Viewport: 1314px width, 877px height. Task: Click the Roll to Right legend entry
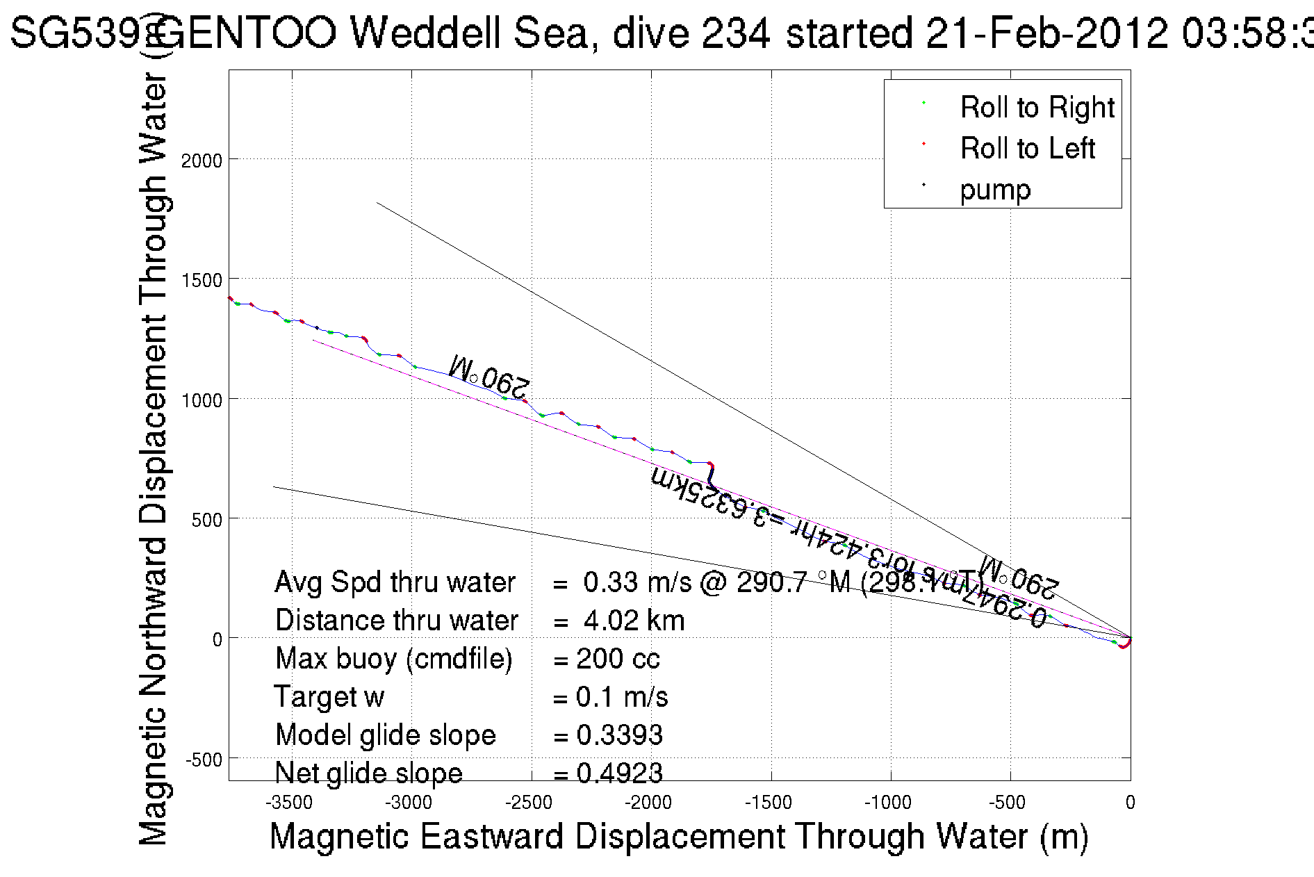pyautogui.click(x=1037, y=108)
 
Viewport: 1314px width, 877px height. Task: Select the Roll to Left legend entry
pyautogui.click(x=1027, y=149)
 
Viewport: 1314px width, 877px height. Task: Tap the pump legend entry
pyautogui.click(x=995, y=190)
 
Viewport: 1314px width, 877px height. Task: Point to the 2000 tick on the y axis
pyautogui.click(x=202, y=161)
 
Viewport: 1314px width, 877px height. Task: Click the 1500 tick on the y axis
pyautogui.click(x=202, y=280)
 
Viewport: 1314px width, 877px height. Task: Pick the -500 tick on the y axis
pyautogui.click(x=204, y=760)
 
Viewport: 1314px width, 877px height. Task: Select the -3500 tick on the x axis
pyautogui.click(x=289, y=803)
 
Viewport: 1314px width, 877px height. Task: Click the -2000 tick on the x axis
pyautogui.click(x=648, y=803)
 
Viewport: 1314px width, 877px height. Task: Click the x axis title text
pyautogui.click(x=678, y=836)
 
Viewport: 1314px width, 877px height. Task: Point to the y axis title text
pyautogui.click(x=154, y=459)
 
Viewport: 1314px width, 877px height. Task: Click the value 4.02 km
pyautogui.click(x=634, y=621)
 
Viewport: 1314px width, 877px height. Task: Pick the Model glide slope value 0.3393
pyautogui.click(x=619, y=735)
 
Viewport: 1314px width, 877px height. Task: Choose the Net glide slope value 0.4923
pyautogui.click(x=619, y=773)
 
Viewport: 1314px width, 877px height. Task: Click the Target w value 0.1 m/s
pyautogui.click(x=622, y=697)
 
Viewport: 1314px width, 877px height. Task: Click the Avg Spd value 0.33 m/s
pyautogui.click(x=637, y=582)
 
